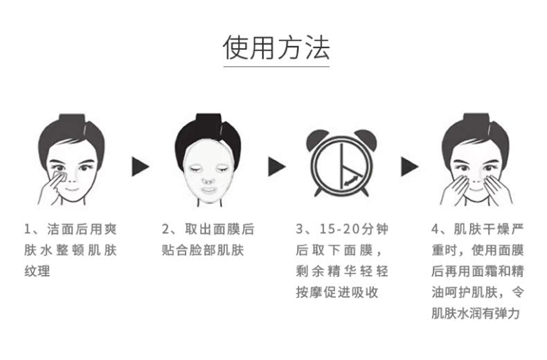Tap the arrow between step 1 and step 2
pos(141,166)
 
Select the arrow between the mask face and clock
pos(277,166)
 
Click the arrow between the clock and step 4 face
pos(410,166)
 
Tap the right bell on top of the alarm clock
pos(369,138)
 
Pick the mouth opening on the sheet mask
pos(206,186)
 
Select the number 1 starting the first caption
pos(28,229)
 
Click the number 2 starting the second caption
pos(165,229)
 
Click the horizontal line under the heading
pos(276,68)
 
